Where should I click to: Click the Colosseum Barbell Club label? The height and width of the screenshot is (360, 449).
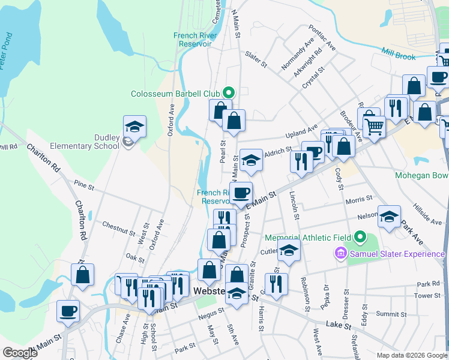point(175,94)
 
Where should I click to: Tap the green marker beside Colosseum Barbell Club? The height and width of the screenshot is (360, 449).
point(228,93)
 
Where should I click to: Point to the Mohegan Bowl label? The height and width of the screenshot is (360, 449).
point(421,176)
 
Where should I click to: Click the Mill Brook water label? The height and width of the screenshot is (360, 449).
point(414,56)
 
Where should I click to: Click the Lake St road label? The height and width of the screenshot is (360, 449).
point(338,325)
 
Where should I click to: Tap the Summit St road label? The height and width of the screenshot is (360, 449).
point(391,314)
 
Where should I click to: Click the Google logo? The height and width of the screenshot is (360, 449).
point(20,353)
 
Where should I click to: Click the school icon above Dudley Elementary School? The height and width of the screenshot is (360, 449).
point(135,127)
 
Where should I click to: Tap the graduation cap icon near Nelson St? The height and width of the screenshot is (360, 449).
point(389,217)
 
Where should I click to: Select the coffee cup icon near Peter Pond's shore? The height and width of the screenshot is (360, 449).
point(68,311)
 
